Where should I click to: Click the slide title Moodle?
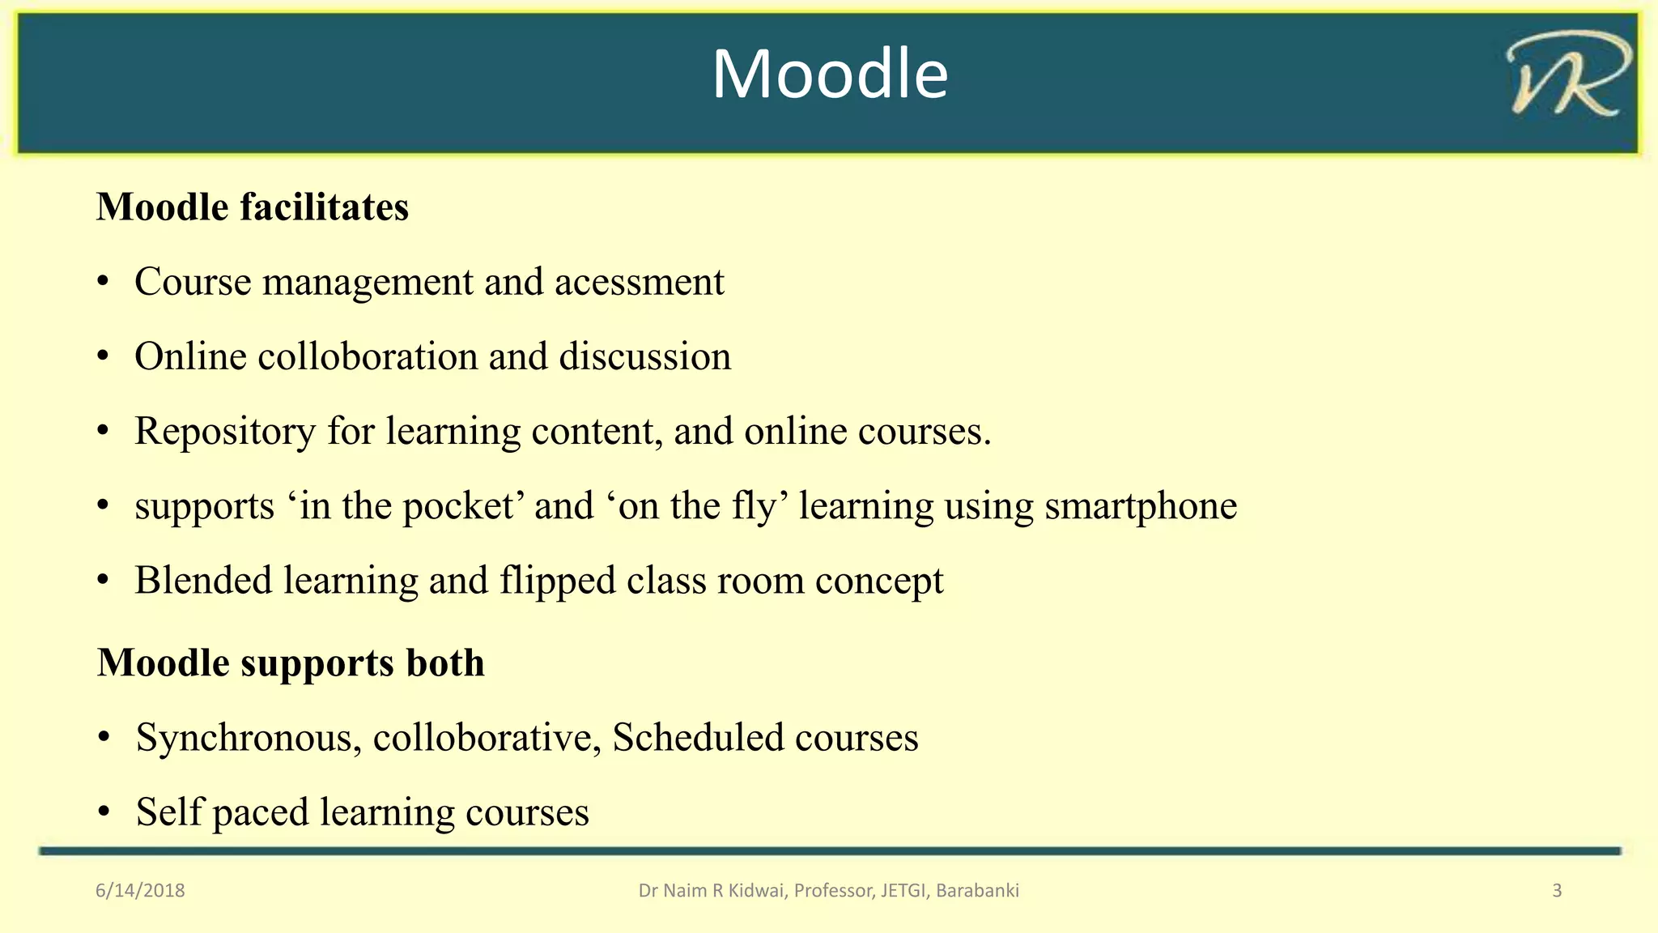point(829,75)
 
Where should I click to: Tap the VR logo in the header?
point(1568,75)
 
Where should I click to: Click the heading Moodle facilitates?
point(253,207)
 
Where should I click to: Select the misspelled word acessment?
point(640,282)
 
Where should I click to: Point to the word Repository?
point(225,432)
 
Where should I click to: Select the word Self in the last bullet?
point(168,812)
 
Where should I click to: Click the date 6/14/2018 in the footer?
point(140,891)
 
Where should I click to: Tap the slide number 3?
point(1557,891)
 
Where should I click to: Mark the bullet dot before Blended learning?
point(103,581)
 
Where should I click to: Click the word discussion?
point(644,357)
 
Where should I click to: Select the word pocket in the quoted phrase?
point(457,507)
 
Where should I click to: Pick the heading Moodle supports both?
point(291,663)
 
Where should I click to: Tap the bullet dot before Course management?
point(103,283)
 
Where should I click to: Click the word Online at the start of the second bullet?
point(190,357)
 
